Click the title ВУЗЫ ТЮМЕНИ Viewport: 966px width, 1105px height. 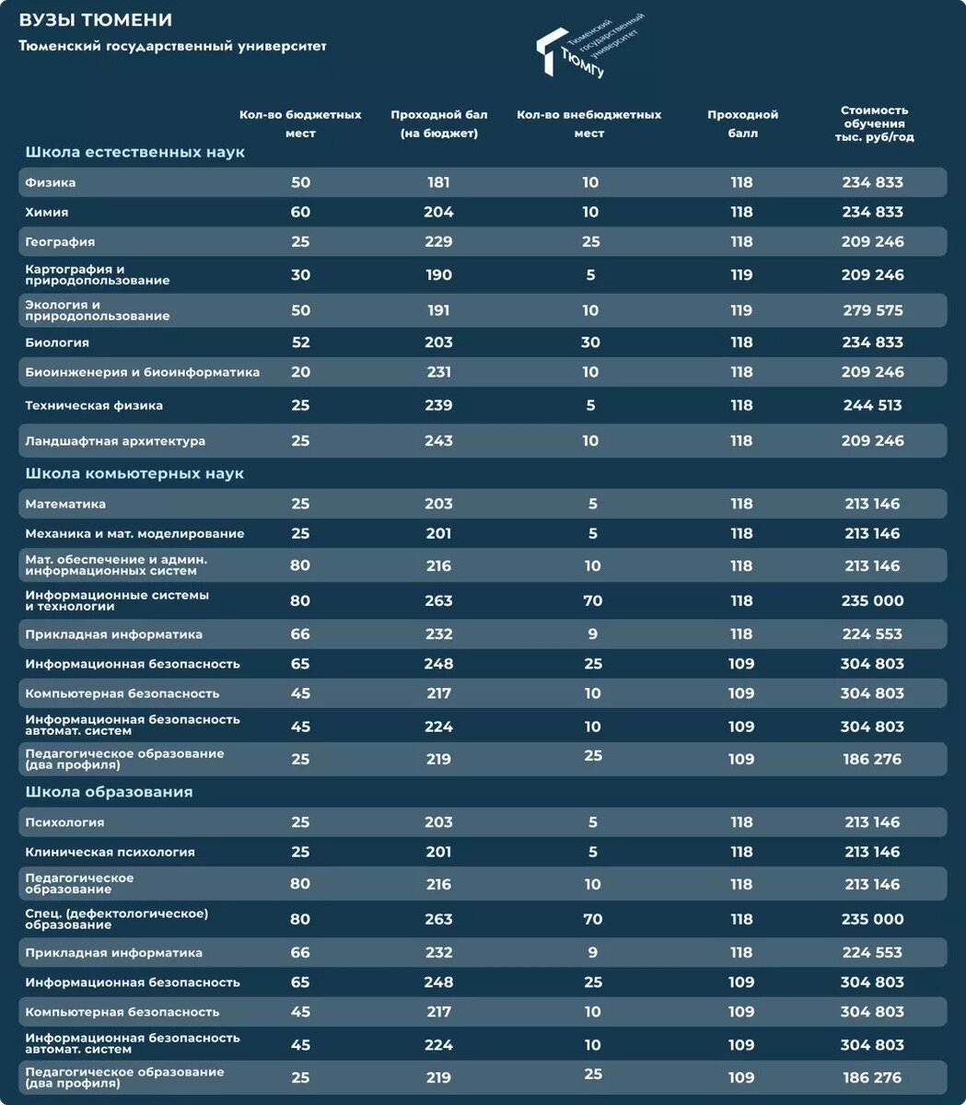click(x=96, y=20)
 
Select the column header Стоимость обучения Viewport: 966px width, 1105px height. click(x=873, y=123)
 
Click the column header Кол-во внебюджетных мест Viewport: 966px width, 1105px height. click(x=588, y=123)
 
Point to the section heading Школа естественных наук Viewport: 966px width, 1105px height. click(x=134, y=152)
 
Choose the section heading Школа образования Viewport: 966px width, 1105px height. click(x=109, y=792)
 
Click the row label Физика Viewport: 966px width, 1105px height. click(x=51, y=182)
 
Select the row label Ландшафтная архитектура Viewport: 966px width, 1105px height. click(x=115, y=441)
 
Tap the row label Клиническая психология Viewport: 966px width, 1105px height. click(x=110, y=852)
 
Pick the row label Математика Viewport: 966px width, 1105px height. click(x=65, y=504)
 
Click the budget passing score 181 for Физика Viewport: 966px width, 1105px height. click(x=438, y=182)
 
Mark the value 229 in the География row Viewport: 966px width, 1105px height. click(x=438, y=241)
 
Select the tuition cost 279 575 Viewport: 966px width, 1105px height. click(x=872, y=310)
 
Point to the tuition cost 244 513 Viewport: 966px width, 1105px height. click(x=872, y=405)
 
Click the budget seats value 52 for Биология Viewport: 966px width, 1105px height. click(x=300, y=343)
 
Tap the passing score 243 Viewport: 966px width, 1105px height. click(x=438, y=441)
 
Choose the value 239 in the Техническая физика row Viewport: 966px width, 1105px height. click(x=438, y=405)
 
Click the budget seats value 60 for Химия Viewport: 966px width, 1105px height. click(x=300, y=212)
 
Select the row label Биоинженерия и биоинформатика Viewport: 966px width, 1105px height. click(x=142, y=372)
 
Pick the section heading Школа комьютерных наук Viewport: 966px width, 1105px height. click(x=134, y=473)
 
